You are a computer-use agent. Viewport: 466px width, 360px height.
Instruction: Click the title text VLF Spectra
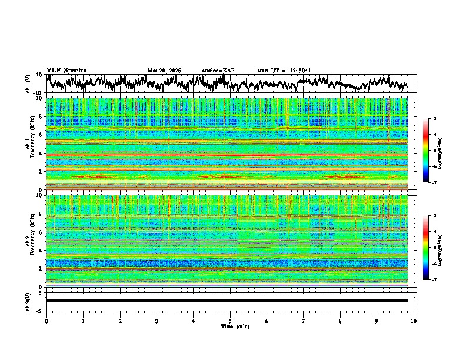point(66,70)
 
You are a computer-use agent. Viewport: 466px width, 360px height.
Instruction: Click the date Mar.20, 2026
point(164,71)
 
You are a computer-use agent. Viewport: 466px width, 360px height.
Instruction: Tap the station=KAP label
point(218,71)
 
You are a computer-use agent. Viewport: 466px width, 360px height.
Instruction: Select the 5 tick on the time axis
point(230,321)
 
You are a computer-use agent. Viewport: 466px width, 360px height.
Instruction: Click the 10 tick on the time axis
point(414,321)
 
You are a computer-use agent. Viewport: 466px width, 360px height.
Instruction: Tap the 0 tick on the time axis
point(46,321)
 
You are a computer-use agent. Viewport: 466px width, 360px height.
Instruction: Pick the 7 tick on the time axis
point(304,321)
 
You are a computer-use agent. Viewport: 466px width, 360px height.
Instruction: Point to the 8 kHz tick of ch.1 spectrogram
point(41,116)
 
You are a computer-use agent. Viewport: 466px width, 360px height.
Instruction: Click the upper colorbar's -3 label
point(434,119)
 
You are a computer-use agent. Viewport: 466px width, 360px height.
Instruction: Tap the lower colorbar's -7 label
point(434,279)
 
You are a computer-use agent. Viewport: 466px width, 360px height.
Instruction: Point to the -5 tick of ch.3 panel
point(41,309)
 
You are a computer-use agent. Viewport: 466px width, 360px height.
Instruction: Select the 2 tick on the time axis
point(120,321)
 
